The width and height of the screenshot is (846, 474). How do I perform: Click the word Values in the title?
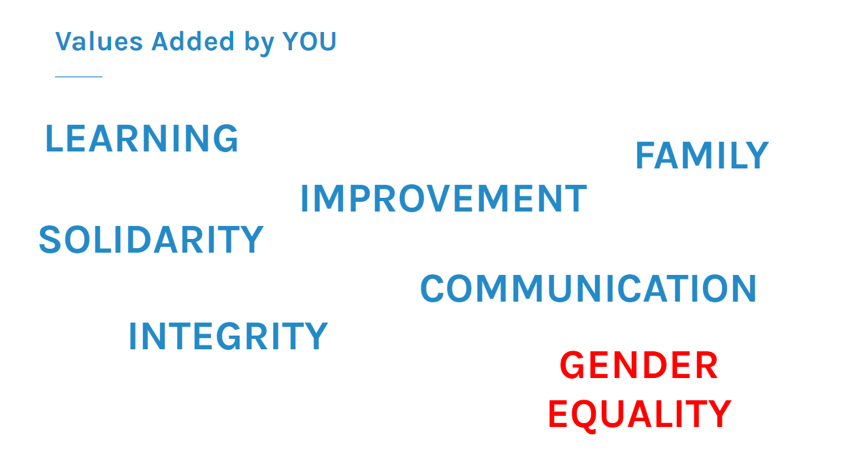[99, 41]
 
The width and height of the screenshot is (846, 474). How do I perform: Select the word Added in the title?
[193, 41]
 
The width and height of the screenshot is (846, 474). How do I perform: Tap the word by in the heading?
[259, 43]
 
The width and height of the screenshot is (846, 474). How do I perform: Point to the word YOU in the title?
[309, 41]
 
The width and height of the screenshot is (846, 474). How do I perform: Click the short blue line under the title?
[78, 76]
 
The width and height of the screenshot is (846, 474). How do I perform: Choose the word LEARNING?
[142, 138]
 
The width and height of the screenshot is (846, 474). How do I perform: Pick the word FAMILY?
[702, 155]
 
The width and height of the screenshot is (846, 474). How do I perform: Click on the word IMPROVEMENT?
[444, 198]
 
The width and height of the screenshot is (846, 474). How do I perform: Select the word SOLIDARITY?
[151, 239]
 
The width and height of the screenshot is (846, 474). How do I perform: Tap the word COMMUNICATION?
[588, 289]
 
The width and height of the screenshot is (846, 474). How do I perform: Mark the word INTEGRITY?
[228, 336]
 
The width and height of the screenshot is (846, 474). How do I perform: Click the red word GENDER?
[639, 365]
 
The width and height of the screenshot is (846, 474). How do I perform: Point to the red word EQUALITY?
[639, 415]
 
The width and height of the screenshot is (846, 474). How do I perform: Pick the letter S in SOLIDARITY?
[50, 239]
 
